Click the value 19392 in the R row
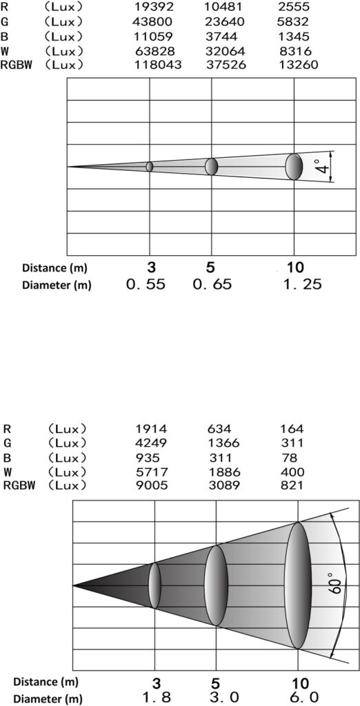[154, 7]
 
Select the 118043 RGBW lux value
[158, 65]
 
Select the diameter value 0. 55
[146, 284]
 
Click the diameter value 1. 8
[157, 698]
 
